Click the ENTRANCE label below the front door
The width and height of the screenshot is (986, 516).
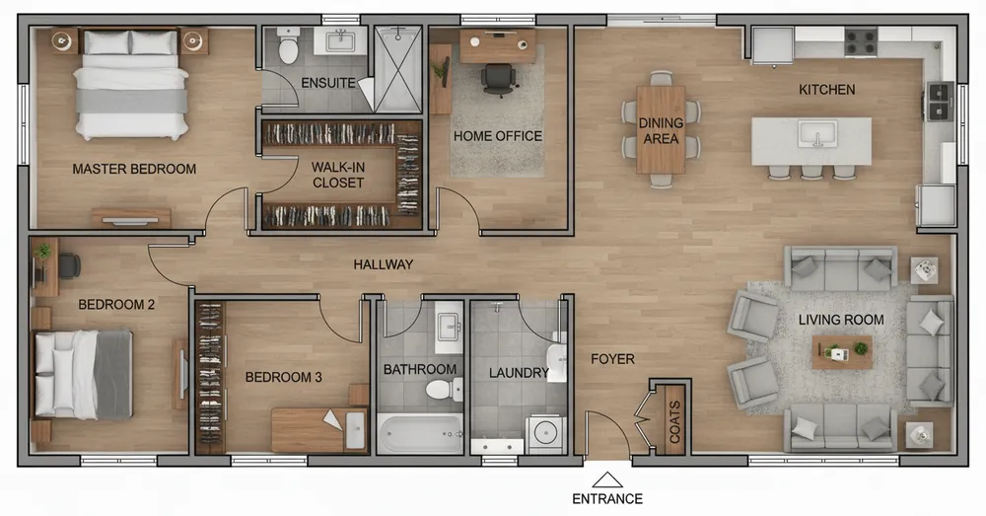tap(606, 499)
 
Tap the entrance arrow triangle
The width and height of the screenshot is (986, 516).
tap(607, 480)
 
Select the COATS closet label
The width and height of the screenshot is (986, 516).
tap(674, 421)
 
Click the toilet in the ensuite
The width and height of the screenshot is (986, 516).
tap(288, 45)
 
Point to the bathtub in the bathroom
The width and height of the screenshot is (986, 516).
tap(420, 432)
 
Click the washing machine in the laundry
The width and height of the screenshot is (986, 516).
tap(545, 433)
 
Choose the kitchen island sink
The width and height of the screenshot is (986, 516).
tap(816, 133)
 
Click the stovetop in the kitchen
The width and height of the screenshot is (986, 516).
tap(860, 41)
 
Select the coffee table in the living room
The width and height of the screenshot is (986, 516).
tap(841, 352)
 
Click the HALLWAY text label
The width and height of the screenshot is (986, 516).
tap(383, 264)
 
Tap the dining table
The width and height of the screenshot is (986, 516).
tap(661, 129)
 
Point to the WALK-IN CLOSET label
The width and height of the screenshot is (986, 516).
tap(338, 175)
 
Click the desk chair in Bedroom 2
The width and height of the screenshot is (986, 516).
tap(69, 265)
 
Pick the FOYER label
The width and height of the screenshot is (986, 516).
tap(612, 359)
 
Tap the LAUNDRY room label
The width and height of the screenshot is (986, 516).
tap(519, 373)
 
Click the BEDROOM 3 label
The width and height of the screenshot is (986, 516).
tap(284, 377)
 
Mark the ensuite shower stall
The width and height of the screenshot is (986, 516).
tap(398, 69)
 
